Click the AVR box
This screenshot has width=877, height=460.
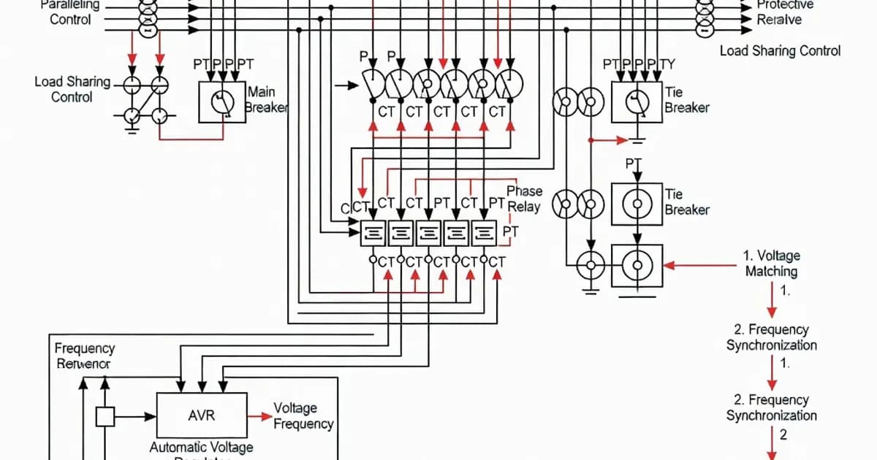(201, 415)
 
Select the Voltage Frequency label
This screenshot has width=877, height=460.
(303, 415)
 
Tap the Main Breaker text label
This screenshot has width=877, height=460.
(266, 100)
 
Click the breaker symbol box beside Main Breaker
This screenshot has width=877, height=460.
(222, 102)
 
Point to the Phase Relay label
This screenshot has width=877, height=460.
(524, 199)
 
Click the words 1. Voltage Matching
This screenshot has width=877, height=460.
(772, 264)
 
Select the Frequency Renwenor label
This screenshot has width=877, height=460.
(84, 356)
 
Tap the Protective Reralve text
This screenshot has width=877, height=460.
(783, 12)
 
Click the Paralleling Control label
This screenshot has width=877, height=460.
(70, 12)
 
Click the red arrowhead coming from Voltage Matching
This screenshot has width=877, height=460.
(668, 266)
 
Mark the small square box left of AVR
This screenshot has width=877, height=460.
(106, 416)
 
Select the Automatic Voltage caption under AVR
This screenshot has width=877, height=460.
(201, 447)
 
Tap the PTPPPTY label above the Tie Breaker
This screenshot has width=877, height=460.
(639, 65)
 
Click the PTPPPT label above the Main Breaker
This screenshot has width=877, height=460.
(224, 65)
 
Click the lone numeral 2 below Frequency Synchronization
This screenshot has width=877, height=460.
(783, 435)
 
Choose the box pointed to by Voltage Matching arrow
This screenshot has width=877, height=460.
(637, 266)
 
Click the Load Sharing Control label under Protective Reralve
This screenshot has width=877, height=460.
(780, 50)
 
